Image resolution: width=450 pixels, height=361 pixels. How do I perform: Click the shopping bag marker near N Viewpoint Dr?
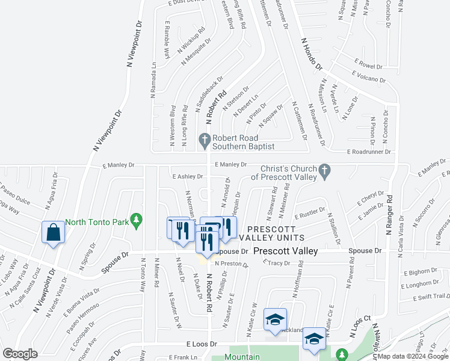[x=54, y=232]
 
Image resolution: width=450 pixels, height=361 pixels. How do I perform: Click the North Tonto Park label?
[x=97, y=222]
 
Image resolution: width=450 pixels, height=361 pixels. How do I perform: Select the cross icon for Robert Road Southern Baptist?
[x=205, y=141]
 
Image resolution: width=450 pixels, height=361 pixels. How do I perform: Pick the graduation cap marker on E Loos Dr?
[x=313, y=338]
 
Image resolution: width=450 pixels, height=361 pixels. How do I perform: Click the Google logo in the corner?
[x=20, y=354]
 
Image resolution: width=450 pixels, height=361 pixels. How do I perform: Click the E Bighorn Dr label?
[x=419, y=273]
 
